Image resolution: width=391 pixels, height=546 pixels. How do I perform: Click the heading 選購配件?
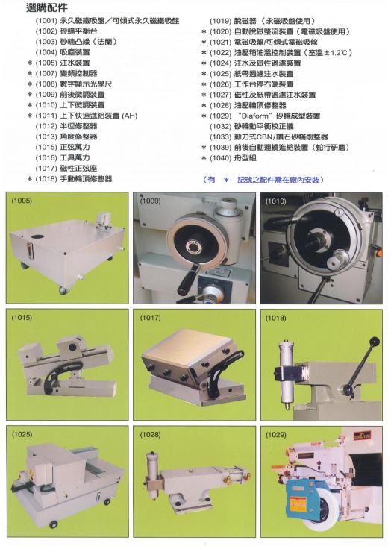pos(47,7)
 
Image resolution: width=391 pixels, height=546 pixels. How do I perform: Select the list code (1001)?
pos(46,21)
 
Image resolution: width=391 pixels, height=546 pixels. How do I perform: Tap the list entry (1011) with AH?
pos(87,116)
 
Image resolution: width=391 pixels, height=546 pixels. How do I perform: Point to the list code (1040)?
pos(220,158)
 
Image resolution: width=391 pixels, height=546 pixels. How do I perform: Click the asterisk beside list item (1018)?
pos(30,179)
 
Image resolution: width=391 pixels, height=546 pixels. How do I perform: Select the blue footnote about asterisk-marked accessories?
pos(263,180)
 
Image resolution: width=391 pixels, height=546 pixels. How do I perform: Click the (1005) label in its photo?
pos(22,201)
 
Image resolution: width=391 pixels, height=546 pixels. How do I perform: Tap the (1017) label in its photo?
pos(150,318)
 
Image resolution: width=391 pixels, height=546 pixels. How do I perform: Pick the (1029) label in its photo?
pos(275,435)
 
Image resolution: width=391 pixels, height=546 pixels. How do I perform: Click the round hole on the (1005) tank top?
pos(37,236)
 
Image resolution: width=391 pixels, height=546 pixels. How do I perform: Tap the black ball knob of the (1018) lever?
pos(375,341)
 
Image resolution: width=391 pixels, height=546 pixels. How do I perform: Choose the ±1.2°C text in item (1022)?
pos(337,53)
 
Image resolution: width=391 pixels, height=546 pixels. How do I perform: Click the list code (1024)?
pos(220,63)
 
